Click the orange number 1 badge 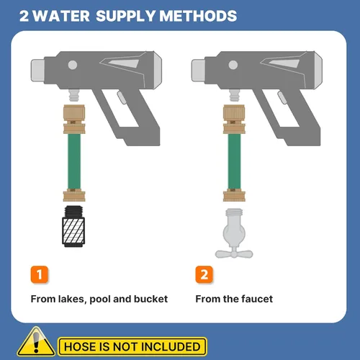[x=40, y=274]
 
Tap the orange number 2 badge [x=204, y=274]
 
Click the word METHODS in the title [x=198, y=16]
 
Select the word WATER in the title [x=61, y=16]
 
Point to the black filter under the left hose [x=73, y=226]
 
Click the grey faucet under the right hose [x=234, y=233]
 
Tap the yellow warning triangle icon [x=36, y=341]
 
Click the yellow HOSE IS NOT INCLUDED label [x=132, y=346]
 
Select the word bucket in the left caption [x=150, y=299]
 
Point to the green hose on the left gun [x=74, y=161]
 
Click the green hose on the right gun [x=234, y=161]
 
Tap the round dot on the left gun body [x=73, y=65]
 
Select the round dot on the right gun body [x=233, y=65]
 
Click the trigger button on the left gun [x=122, y=97]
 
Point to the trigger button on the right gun [x=282, y=97]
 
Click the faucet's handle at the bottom [x=234, y=253]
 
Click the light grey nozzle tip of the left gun [x=38, y=71]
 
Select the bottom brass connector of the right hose [x=234, y=195]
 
